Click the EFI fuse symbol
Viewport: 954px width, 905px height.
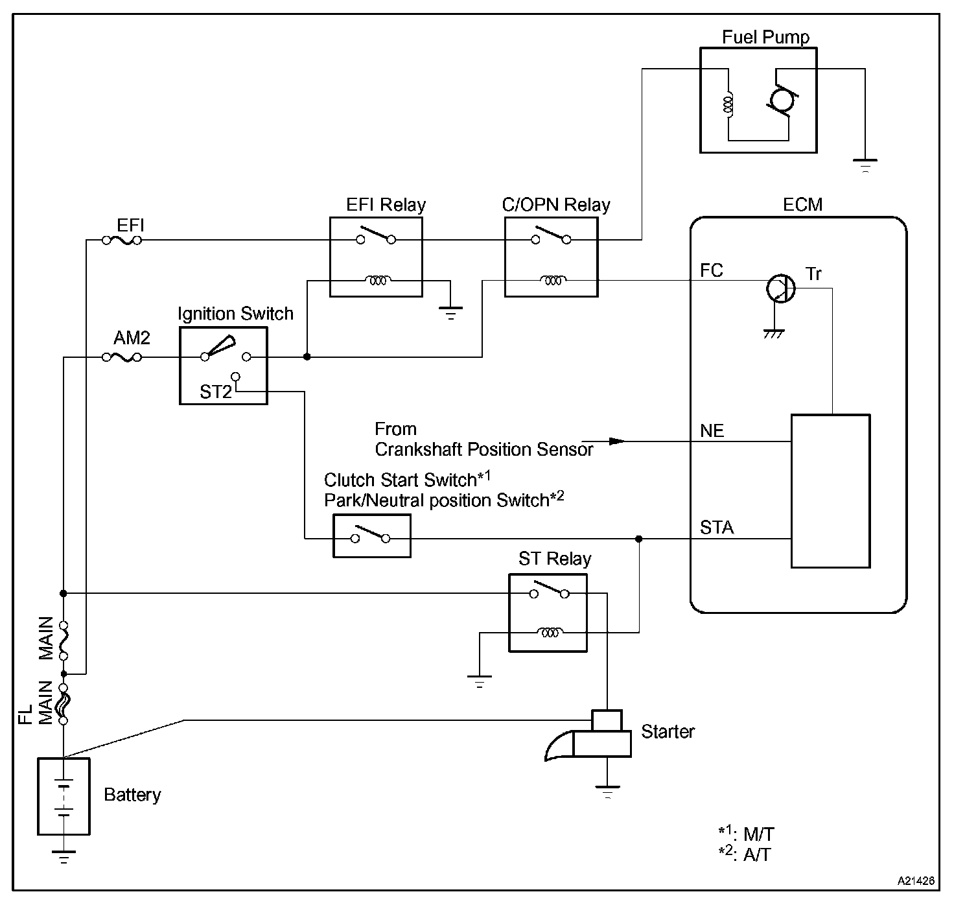point(122,240)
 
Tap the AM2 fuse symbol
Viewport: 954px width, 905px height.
point(122,357)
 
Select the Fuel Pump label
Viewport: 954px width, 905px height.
point(765,37)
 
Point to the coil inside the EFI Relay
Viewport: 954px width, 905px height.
point(378,280)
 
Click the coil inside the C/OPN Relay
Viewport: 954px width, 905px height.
point(553,280)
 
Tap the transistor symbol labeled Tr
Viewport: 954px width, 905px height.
point(780,288)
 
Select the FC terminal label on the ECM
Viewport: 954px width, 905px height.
point(712,270)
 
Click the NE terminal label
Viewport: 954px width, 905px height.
point(712,430)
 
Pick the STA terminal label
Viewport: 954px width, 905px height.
point(717,527)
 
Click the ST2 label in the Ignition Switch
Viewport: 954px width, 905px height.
point(216,392)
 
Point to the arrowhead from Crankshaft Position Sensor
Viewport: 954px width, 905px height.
point(617,441)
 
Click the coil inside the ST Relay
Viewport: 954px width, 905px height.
point(550,632)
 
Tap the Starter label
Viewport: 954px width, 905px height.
point(668,732)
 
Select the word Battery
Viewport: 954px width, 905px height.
point(132,795)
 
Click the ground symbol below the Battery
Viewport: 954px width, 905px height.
point(64,856)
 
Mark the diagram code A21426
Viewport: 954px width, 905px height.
point(916,881)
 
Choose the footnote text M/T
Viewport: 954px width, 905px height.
point(759,834)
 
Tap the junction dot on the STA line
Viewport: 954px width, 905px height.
point(638,539)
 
